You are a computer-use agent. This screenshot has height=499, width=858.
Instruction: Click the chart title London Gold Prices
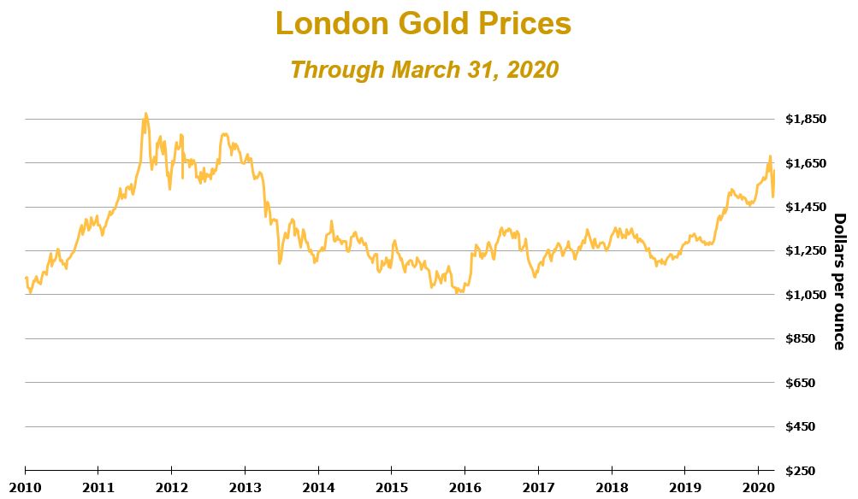423,24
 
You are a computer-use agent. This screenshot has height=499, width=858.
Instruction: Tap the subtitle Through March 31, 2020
423,69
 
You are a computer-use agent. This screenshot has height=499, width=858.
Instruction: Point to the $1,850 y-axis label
805,119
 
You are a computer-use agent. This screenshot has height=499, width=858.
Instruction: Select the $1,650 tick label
805,162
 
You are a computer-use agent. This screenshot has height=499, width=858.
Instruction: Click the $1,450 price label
805,207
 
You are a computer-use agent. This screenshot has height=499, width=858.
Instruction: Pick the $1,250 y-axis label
805,250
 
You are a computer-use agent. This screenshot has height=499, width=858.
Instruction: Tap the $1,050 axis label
805,295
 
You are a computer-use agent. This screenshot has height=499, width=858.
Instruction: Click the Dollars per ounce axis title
838,281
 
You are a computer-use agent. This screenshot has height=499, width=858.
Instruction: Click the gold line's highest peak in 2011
145,114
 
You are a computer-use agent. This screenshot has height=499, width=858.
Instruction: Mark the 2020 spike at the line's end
770,157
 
